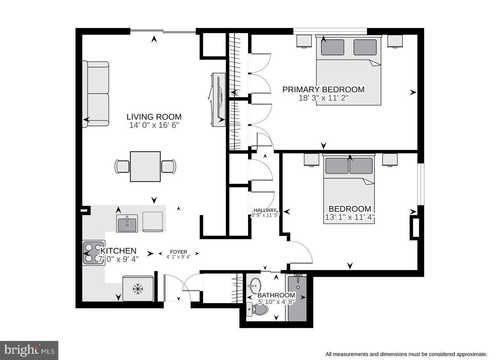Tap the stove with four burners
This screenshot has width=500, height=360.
[93, 253]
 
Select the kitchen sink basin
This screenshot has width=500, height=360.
[127, 224]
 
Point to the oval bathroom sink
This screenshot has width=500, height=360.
[255, 286]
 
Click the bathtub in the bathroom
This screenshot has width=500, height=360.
[296, 298]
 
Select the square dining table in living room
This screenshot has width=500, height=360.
[145, 167]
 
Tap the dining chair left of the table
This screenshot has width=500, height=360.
[122, 167]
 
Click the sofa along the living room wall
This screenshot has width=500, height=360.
[96, 94]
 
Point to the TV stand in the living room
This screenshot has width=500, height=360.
[219, 100]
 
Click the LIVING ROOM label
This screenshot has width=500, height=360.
[154, 117]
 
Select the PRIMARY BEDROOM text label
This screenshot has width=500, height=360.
[323, 90]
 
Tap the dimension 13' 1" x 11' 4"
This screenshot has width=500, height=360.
[350, 218]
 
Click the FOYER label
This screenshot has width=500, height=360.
[178, 252]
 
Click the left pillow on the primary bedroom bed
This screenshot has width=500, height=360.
[332, 47]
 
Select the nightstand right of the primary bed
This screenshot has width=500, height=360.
[395, 41]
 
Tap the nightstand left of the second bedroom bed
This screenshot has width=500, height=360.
[311, 160]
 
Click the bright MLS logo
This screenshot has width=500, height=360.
[29, 350]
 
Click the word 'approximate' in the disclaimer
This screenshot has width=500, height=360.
[471, 354]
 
